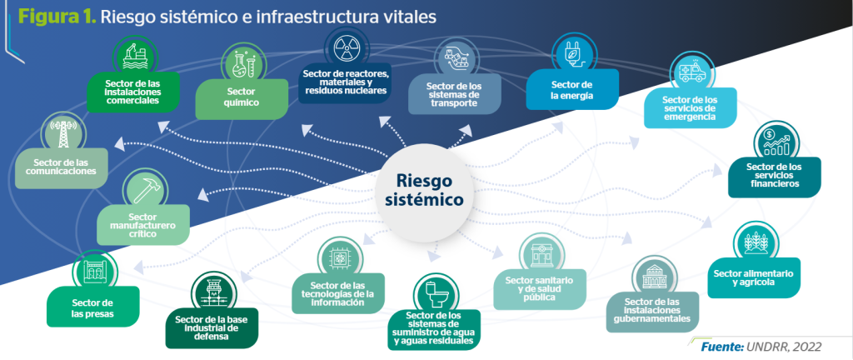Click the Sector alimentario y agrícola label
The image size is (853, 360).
753,278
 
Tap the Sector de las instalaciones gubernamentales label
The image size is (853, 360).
651,312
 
